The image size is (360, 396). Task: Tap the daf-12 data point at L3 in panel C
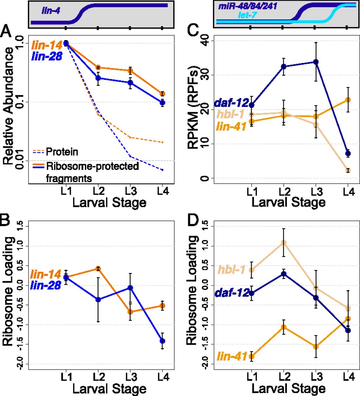(x=316, y=62)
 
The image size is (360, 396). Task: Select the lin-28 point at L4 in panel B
(x=162, y=341)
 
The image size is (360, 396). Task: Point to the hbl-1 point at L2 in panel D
(x=283, y=243)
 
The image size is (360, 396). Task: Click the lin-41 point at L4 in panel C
(x=348, y=100)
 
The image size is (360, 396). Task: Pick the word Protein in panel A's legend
(x=62, y=152)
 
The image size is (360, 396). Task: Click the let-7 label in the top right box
(x=248, y=15)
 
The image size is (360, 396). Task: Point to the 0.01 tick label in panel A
(x=20, y=160)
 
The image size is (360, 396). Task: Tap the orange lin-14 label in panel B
(x=45, y=274)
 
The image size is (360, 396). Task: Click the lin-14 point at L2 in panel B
(x=98, y=269)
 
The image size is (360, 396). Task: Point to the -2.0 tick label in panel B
(x=20, y=364)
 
